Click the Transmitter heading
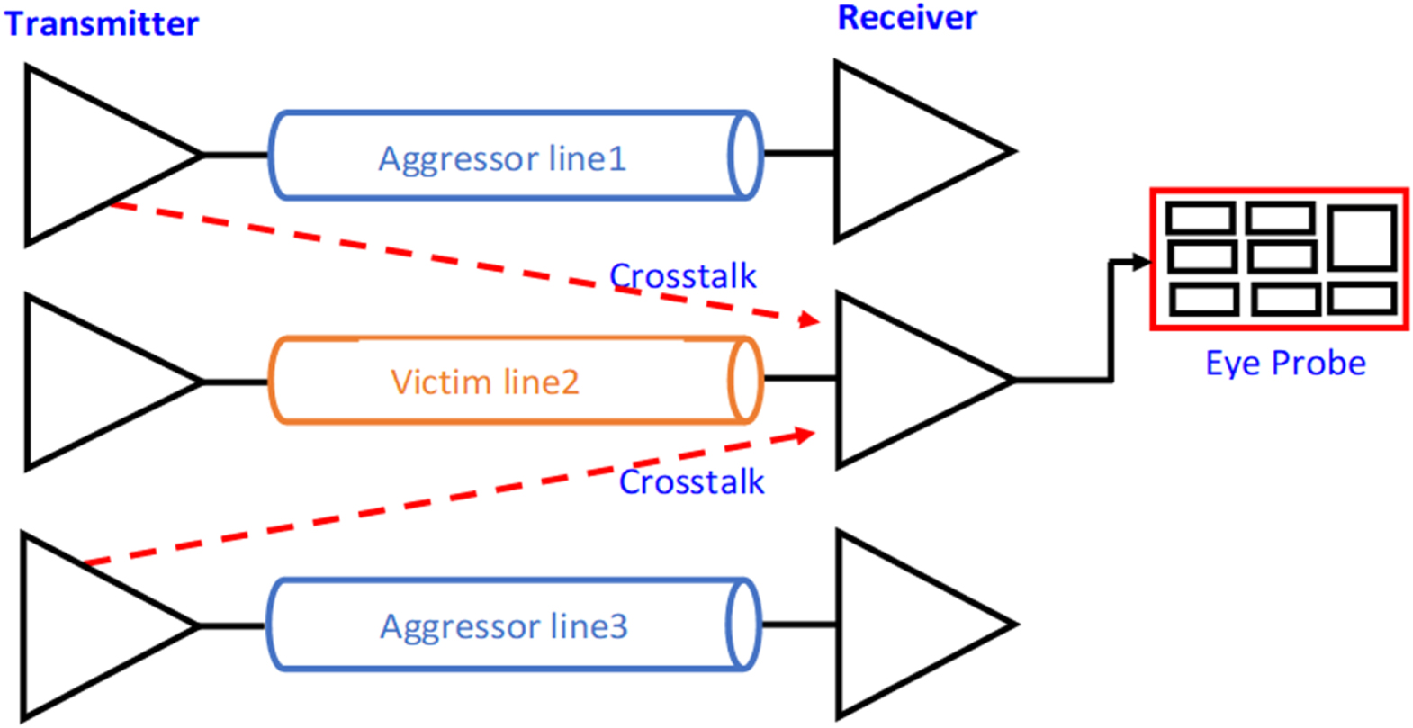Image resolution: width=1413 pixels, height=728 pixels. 101,23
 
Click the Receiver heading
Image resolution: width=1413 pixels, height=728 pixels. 906,18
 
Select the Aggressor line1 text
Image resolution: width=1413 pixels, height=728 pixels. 501,158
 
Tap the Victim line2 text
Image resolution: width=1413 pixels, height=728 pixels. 484,382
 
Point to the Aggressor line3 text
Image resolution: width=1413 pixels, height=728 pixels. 503,625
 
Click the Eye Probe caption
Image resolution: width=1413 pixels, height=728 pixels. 1285,363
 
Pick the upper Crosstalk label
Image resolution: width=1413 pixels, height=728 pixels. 682,275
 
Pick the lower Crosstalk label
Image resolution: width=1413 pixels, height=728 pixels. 691,481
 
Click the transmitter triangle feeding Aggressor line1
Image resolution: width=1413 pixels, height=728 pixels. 90,155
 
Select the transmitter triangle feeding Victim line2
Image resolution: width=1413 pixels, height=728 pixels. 90,382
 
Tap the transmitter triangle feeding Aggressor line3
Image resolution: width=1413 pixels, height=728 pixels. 85,625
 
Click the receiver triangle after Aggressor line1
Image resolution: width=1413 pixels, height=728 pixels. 900,151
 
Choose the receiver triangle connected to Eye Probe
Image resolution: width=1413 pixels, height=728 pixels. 900,380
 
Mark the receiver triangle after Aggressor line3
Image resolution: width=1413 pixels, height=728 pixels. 900,623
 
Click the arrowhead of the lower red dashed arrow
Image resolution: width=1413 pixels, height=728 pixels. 805,436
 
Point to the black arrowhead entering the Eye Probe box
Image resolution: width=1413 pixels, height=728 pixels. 1142,262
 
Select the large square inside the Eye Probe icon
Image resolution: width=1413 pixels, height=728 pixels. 1362,238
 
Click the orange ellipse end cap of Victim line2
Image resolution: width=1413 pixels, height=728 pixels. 744,380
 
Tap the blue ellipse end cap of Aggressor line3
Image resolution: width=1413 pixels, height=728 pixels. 742,624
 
